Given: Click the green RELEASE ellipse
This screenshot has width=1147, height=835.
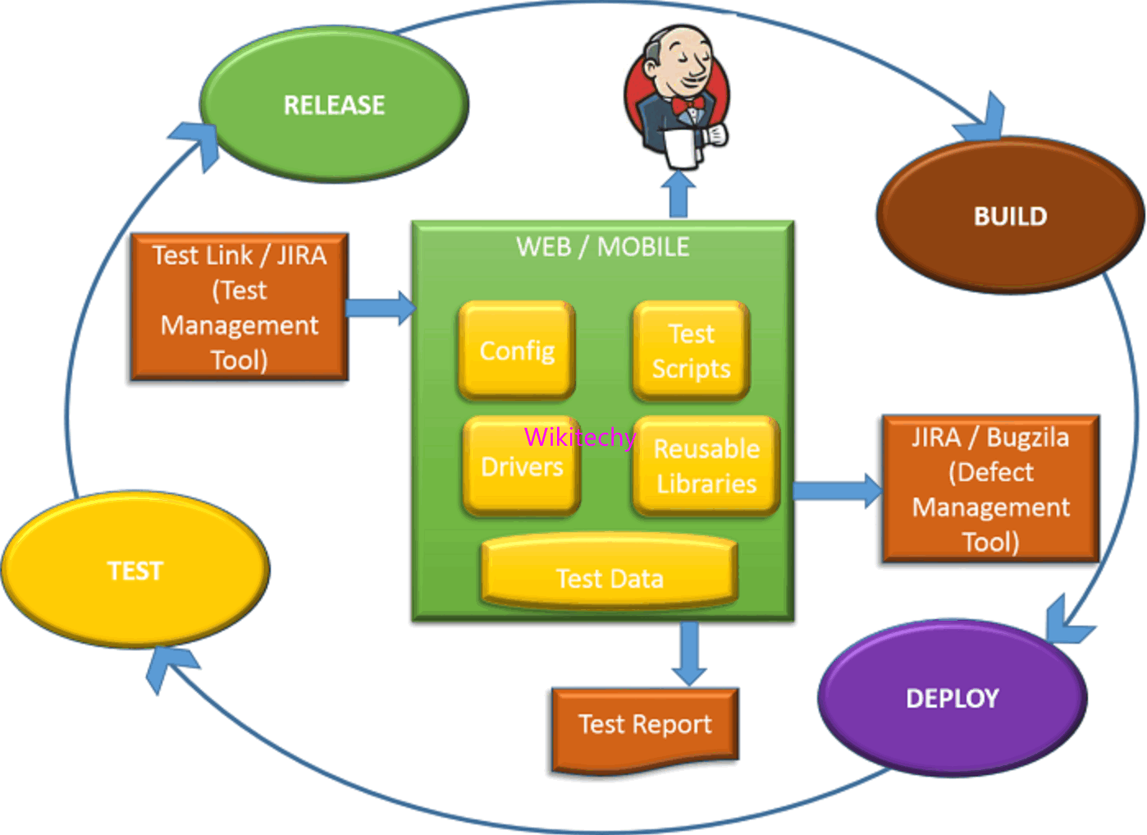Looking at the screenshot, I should [334, 105].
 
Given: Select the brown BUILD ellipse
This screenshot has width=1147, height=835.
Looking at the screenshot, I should [1010, 216].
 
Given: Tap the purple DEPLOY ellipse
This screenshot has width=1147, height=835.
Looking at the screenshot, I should [953, 698].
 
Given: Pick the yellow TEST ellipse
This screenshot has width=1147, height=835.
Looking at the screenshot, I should [135, 570].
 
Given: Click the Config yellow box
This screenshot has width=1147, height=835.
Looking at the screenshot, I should [517, 351].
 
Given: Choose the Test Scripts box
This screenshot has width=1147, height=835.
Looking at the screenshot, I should [691, 351].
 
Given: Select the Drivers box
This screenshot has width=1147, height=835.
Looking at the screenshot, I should [521, 466].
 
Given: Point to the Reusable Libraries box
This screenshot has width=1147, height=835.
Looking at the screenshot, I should [706, 466].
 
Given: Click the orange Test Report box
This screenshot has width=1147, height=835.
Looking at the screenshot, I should [645, 726].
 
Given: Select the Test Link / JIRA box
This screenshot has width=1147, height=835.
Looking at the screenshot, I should [239, 307].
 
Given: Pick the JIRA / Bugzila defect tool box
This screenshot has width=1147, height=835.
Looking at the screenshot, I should [990, 489].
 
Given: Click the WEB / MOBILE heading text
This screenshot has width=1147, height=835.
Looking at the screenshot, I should [602, 246].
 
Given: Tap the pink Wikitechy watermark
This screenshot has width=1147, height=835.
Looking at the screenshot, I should [579, 437].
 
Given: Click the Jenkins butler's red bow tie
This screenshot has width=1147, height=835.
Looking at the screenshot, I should [688, 106].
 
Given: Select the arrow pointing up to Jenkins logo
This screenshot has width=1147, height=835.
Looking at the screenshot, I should [679, 194].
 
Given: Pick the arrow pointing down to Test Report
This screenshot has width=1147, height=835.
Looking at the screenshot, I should [689, 654].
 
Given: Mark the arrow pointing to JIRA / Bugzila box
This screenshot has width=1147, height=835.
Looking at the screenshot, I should [837, 491].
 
